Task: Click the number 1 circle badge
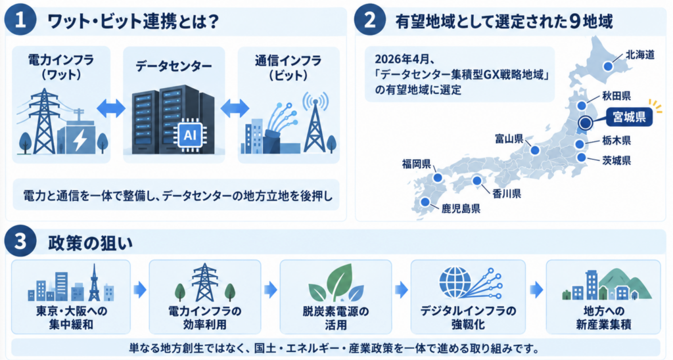click(20, 20)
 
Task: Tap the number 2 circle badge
click(369, 20)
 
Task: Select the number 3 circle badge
click(20, 241)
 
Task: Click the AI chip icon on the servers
click(189, 135)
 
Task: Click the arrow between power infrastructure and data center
click(111, 108)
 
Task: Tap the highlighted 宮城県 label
click(629, 117)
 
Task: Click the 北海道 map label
click(639, 55)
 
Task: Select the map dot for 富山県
click(535, 150)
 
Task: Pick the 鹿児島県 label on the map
click(461, 209)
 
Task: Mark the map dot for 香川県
click(477, 181)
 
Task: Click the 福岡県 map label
click(416, 164)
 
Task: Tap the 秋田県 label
click(616, 96)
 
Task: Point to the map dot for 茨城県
click(581, 158)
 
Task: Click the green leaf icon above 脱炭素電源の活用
click(336, 282)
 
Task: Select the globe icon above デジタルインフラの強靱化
click(455, 282)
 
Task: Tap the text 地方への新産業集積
click(603, 317)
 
